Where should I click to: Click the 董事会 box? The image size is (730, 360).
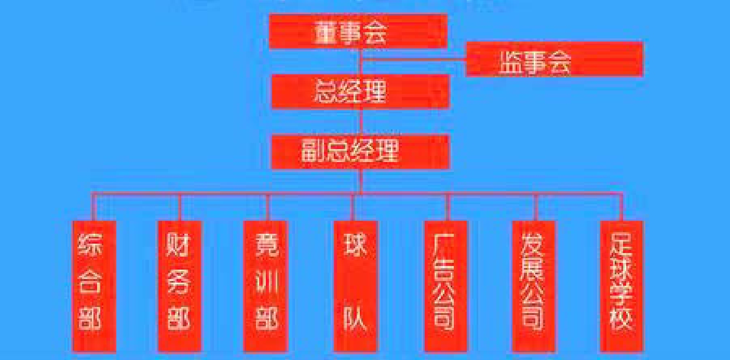[x=358, y=31]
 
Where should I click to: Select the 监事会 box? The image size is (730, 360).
[x=555, y=59]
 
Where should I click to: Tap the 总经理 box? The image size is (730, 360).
[x=360, y=91]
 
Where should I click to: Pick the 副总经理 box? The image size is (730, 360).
[x=360, y=152]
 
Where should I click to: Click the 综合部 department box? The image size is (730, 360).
[x=94, y=286]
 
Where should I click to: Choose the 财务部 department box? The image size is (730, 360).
[x=180, y=286]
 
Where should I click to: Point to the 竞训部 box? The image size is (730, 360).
[x=266, y=286]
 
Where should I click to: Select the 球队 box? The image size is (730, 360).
[x=356, y=286]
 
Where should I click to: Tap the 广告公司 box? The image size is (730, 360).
[x=445, y=286]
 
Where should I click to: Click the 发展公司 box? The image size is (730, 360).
[x=534, y=286]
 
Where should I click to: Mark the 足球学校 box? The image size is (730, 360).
[x=621, y=286]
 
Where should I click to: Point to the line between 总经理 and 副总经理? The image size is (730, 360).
[x=361, y=122]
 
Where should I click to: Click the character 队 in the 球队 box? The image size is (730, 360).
[x=356, y=316]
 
